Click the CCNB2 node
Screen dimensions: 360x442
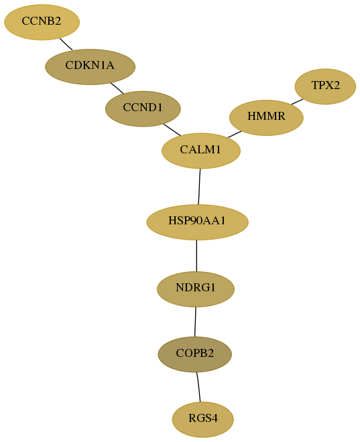42,22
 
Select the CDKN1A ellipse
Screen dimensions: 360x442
91,67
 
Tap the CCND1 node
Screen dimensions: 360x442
143,108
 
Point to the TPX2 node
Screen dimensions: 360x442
325,86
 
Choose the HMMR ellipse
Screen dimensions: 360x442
266,118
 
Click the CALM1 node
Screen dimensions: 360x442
201,151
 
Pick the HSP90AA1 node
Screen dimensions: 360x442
197,222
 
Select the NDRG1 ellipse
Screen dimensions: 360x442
196,289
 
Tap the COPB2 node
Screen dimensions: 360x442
194,354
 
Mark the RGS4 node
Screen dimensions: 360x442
203,419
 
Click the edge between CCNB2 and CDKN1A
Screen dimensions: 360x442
66,44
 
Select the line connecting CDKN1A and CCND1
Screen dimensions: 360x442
117,88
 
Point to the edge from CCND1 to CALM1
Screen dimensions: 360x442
172,130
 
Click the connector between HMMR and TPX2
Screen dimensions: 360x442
298,102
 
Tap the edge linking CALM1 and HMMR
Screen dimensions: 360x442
235,135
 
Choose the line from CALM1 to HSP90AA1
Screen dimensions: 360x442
199,187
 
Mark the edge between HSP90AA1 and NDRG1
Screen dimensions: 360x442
196,256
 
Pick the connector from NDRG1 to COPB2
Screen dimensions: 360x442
195,321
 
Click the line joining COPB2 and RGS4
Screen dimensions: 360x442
198,387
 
